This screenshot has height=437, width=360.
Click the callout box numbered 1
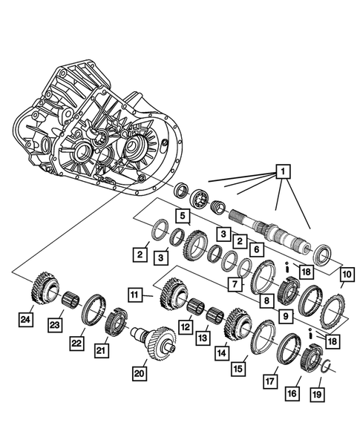[281, 173]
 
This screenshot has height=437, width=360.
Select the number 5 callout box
[181, 216]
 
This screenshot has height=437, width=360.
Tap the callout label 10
[347, 275]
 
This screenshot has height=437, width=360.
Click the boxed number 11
[135, 295]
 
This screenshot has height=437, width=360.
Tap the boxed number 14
[222, 353]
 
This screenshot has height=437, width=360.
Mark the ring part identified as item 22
[94, 307]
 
